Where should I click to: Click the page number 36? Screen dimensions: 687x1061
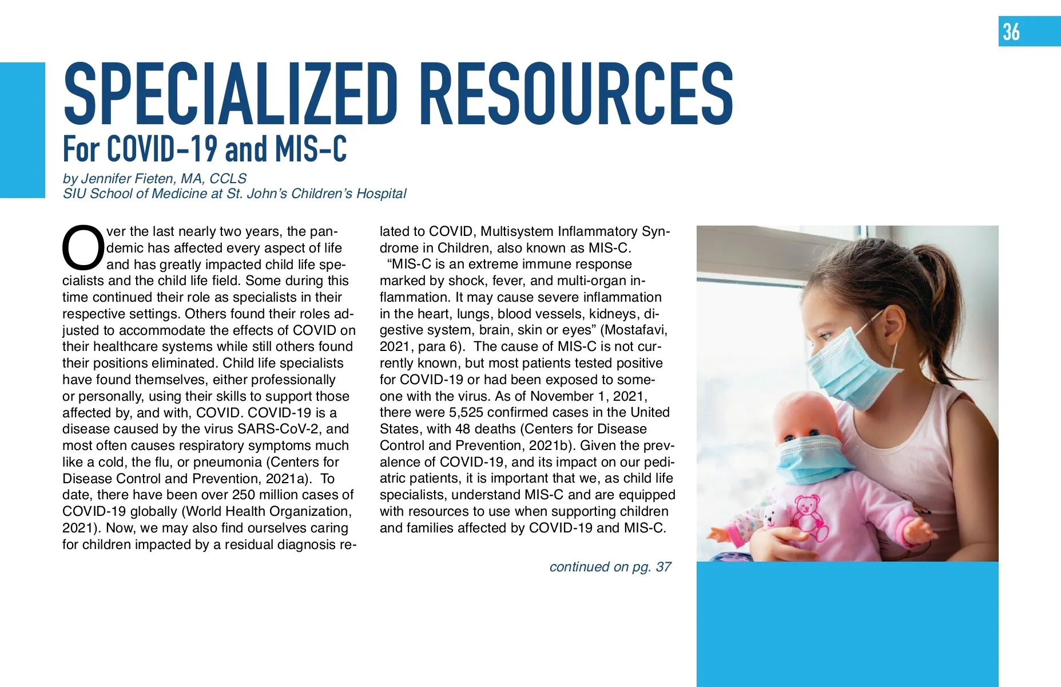pos(1011,31)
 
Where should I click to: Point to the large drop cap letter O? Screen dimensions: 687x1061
pos(83,248)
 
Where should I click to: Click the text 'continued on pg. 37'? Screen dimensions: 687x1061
pos(610,567)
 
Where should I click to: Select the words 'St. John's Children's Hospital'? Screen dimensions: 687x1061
pos(316,194)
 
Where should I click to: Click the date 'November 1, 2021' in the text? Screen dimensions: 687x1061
pos(589,396)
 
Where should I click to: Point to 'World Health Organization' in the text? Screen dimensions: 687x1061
pos(268,511)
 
